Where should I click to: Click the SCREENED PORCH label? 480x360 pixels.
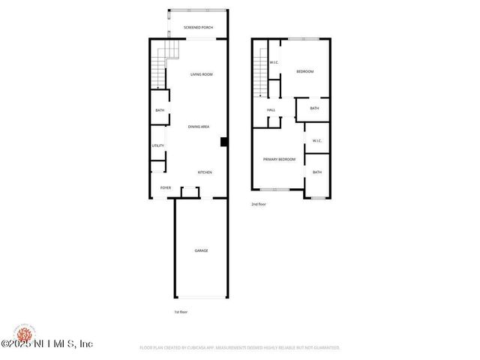pos(199,28)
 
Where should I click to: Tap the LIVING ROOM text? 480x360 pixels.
pos(201,74)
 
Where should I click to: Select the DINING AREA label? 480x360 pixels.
pos(198,127)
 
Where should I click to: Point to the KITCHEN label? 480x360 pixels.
pos(205,172)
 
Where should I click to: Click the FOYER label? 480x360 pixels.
pos(165,187)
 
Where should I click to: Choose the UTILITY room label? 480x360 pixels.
pos(158,145)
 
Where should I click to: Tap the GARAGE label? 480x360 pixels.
pos(201,250)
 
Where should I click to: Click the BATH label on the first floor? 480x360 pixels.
pos(160,111)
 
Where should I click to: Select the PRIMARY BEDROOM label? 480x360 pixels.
pos(278,159)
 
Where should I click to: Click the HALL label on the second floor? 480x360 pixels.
pos(271,110)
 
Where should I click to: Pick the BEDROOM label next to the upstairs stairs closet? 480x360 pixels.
pos(304,71)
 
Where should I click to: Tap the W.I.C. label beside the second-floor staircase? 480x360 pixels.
pos(274,62)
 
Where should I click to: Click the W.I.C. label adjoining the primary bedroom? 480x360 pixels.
pos(316,140)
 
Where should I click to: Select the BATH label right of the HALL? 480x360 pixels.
pos(314,108)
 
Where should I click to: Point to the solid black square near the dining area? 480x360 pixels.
pos(223,141)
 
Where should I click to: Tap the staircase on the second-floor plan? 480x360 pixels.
pos(259,71)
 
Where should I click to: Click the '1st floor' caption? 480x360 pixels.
pos(180,311)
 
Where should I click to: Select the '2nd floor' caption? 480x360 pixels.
pos(259,204)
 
